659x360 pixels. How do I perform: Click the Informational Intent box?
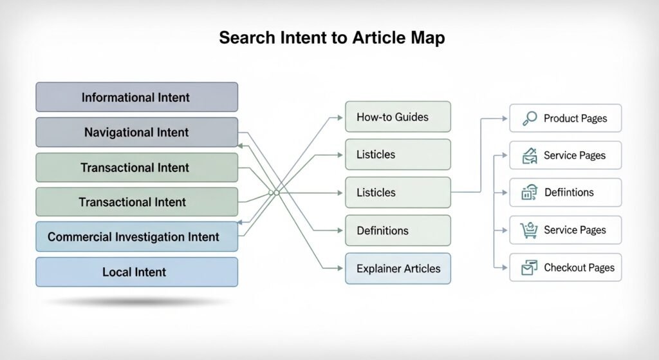coord(136,97)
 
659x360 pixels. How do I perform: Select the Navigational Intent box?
coord(136,132)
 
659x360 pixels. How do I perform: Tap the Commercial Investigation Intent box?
coord(136,236)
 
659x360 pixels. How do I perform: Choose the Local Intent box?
coord(136,272)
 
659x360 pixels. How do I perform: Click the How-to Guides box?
coord(398,117)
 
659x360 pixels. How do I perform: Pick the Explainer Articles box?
coord(398,268)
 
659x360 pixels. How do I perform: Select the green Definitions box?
coord(398,231)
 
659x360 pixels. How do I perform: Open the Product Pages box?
coord(565,118)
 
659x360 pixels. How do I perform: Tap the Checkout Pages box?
coord(565,267)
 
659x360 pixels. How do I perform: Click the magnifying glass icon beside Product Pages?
coord(530,118)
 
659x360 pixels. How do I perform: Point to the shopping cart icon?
coord(529,230)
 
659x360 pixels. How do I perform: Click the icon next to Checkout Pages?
coord(529,267)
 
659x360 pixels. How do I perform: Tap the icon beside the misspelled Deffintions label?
coord(529,192)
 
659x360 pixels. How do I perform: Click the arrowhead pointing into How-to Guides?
coord(341,117)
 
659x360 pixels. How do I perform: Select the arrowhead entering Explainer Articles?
coord(341,268)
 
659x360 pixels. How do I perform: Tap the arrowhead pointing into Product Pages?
coord(505,118)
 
